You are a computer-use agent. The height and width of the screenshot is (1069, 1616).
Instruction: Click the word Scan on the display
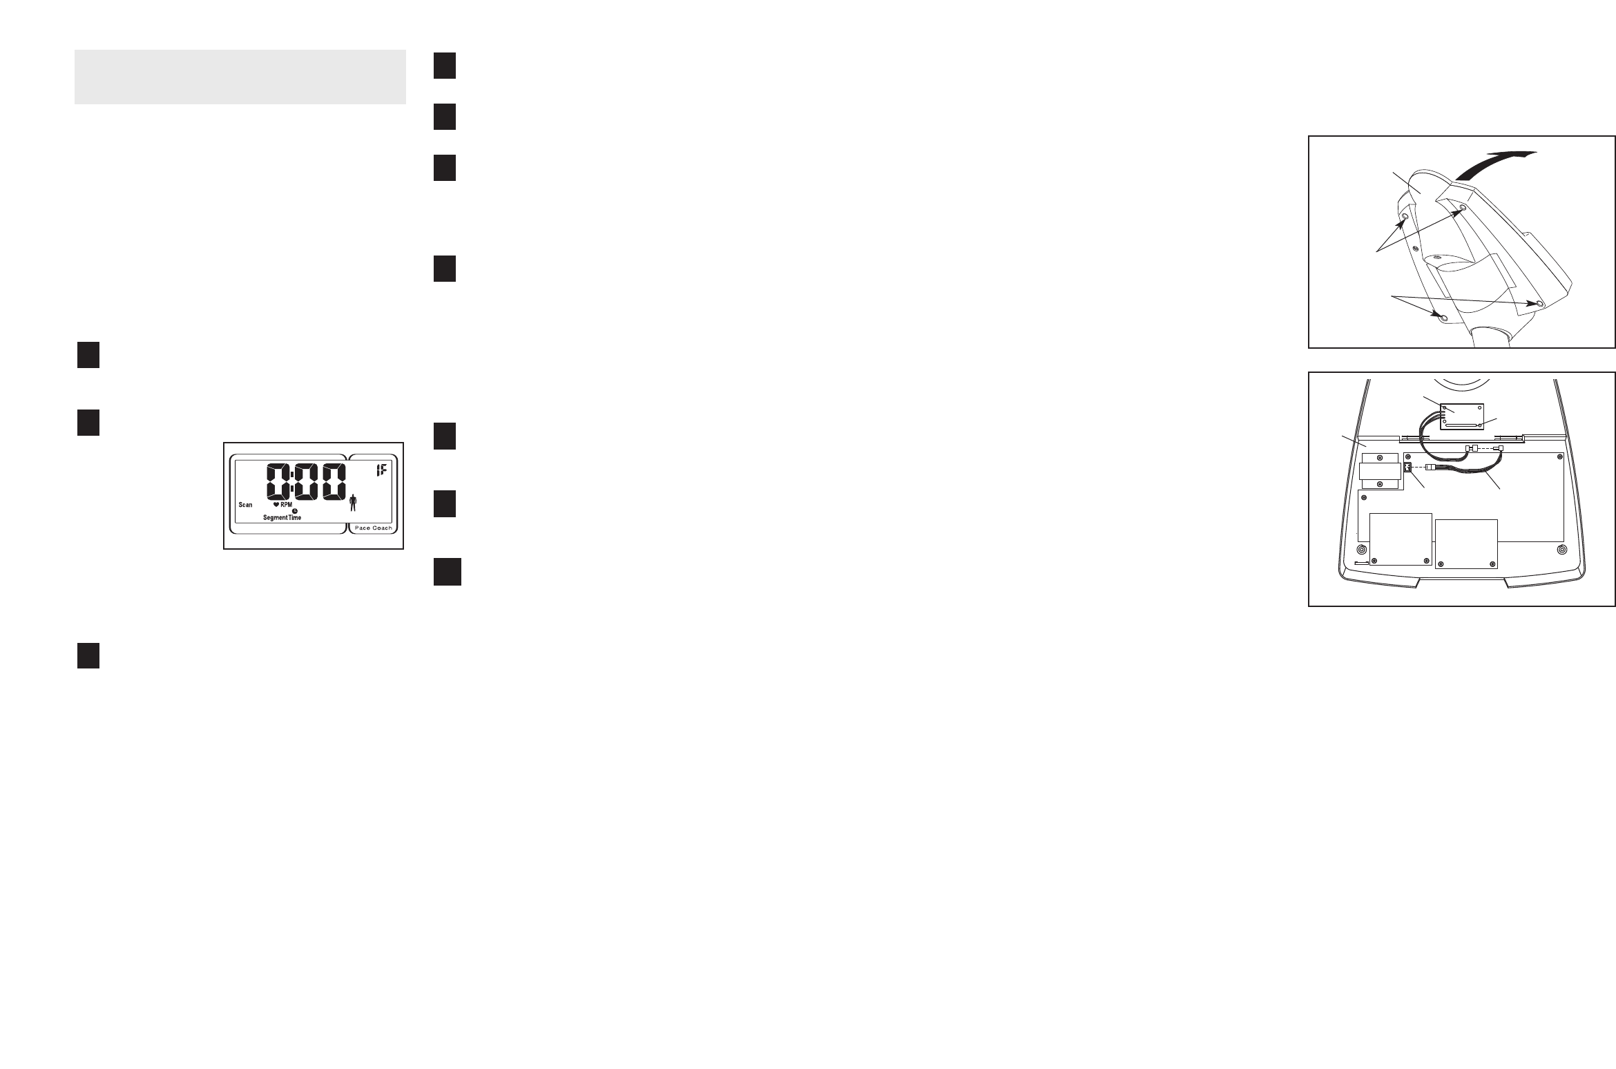(246, 505)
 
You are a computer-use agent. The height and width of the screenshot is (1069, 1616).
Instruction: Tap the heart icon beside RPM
(276, 505)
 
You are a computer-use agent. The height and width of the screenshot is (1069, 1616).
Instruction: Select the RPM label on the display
(286, 505)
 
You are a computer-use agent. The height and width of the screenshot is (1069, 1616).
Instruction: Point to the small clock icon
(295, 511)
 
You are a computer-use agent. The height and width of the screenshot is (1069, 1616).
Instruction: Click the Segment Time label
(282, 517)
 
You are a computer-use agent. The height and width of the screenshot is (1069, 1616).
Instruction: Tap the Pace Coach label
(373, 528)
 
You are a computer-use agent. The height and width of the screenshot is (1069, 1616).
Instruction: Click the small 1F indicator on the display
(381, 472)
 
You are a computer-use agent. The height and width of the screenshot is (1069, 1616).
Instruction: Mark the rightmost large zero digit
(329, 481)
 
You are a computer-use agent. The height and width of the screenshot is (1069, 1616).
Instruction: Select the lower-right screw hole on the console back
(1539, 303)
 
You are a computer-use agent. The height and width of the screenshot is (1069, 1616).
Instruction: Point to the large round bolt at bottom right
(1562, 550)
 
